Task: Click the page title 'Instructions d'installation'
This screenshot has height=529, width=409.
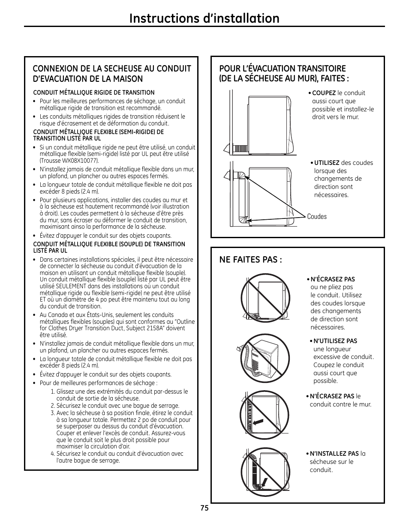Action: click(204, 18)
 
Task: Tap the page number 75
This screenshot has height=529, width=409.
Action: click(204, 508)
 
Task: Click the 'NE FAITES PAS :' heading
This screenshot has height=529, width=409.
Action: click(250, 260)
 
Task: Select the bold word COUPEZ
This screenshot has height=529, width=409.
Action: click(324, 93)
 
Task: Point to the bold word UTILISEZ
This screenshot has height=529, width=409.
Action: click(327, 163)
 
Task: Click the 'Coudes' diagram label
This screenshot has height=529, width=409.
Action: click(316, 217)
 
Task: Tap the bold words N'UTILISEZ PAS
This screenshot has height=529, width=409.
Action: click(335, 341)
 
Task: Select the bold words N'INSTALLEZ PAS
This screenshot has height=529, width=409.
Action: click(334, 454)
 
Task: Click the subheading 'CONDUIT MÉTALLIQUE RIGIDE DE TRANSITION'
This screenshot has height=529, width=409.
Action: click(94, 93)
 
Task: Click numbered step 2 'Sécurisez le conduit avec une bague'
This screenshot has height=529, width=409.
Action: click(117, 406)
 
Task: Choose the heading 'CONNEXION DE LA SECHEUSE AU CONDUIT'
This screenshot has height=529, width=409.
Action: click(112, 69)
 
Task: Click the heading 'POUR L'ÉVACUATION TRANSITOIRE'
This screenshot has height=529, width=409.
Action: click(282, 69)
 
